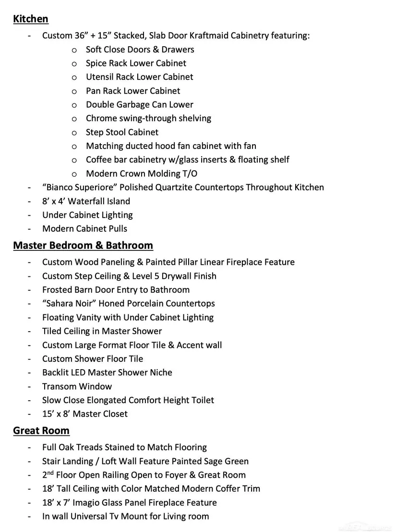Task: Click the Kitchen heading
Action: point(31,19)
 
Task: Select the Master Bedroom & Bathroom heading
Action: point(83,246)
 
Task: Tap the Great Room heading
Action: point(41,431)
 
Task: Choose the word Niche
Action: point(160,372)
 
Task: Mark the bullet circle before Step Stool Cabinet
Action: point(74,133)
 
